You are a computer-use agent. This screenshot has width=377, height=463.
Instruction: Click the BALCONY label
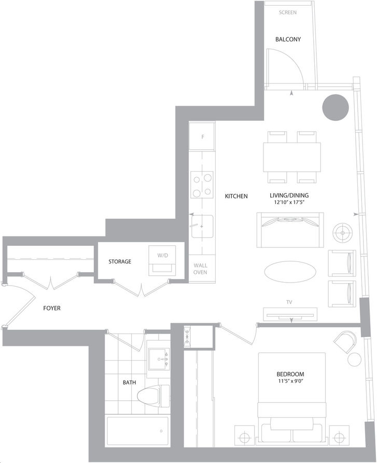pos(288,39)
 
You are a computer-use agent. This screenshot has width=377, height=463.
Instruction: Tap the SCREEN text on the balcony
pos(288,12)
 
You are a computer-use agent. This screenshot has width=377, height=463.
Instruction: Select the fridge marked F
pos(202,137)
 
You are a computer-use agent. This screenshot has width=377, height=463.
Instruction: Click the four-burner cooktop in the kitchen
pos(202,185)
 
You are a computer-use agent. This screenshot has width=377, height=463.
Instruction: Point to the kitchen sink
pos(202,227)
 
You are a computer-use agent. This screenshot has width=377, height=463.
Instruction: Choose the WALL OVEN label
pos(201,269)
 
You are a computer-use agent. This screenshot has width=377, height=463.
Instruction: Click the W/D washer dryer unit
pos(162,260)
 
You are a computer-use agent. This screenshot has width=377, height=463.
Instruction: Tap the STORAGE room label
pos(120,261)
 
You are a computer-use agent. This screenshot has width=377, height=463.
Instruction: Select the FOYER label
pos(52,308)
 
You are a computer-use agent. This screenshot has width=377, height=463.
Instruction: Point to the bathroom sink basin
pos(159,359)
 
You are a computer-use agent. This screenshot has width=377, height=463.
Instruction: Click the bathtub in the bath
pos(137,431)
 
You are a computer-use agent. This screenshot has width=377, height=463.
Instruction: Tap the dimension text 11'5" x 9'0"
pos(289,381)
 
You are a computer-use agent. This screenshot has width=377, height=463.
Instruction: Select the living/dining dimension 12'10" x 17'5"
pos(289,203)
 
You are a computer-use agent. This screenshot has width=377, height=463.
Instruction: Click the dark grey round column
pos(336,107)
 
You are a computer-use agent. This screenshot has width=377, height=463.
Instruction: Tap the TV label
pos(289,302)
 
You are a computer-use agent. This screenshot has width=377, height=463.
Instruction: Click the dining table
pos(291,157)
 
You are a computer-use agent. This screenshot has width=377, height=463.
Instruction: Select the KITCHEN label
pos(236,196)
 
